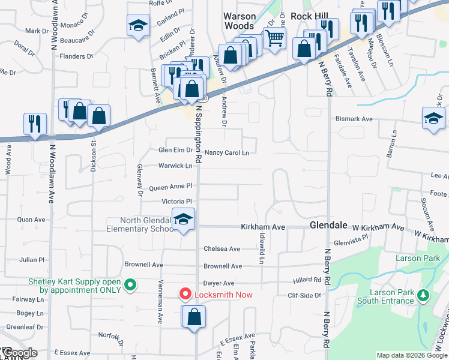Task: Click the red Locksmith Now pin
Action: (186, 294)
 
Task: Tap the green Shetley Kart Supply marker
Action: (130, 284)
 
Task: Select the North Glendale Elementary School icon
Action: (184, 220)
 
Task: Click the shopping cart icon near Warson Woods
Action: (274, 38)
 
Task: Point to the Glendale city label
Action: (328, 225)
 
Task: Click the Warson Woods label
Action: (240, 21)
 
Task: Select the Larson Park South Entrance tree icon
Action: (423, 295)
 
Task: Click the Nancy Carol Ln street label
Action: (226, 153)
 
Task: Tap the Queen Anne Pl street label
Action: (170, 187)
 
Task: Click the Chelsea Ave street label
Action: (221, 249)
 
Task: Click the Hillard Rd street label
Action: (307, 280)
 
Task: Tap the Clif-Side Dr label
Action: (304, 295)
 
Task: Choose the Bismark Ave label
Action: (354, 119)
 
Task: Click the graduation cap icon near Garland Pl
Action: (138, 26)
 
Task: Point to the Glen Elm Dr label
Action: (175, 151)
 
